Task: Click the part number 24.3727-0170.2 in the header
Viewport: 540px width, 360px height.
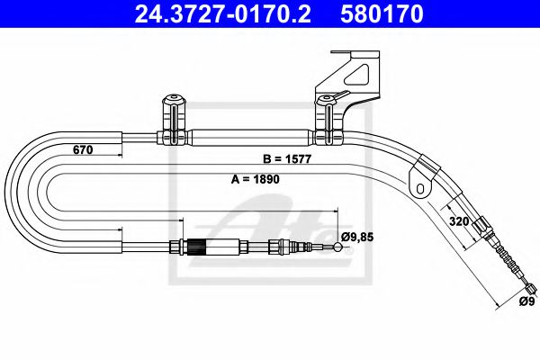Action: [222, 13]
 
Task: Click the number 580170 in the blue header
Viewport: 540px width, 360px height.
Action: [382, 13]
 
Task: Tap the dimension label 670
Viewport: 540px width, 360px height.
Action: [83, 150]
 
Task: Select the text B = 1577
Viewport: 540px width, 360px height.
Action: [287, 158]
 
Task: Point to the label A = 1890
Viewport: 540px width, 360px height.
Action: [256, 179]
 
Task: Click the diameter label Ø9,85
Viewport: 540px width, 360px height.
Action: [357, 237]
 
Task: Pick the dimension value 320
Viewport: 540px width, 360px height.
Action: [459, 221]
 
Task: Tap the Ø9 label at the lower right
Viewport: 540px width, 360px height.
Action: [526, 301]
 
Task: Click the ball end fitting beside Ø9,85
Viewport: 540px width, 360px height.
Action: [337, 247]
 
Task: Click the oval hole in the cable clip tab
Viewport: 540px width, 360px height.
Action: [420, 188]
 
